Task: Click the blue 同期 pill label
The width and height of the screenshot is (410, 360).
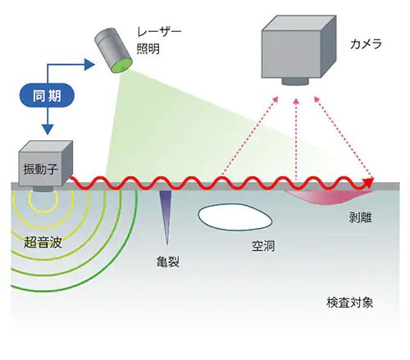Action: pos(47,95)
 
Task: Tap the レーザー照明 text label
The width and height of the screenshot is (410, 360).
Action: pos(159,40)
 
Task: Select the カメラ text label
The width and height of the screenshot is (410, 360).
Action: pos(366,43)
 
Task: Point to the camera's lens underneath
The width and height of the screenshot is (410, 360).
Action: pos(295,81)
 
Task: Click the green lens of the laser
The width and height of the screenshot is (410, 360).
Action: pos(122,66)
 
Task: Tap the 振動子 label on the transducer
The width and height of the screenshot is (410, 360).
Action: pos(40,170)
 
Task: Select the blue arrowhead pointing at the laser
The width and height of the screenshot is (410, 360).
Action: pos(89,64)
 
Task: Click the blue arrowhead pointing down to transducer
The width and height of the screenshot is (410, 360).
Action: pos(48,130)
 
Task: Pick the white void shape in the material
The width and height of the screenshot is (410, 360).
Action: pos(235,217)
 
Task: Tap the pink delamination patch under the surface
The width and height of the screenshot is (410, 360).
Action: pos(328,198)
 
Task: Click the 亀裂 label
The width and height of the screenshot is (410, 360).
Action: pos(168,262)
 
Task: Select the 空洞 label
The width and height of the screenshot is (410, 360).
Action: pos(263,246)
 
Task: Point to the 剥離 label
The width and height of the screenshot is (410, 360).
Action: pos(360,217)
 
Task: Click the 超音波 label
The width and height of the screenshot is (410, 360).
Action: pos(43,242)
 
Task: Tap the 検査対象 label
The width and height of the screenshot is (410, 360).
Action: pos(349,303)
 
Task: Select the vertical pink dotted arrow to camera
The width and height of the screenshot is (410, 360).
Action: pos(296,139)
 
